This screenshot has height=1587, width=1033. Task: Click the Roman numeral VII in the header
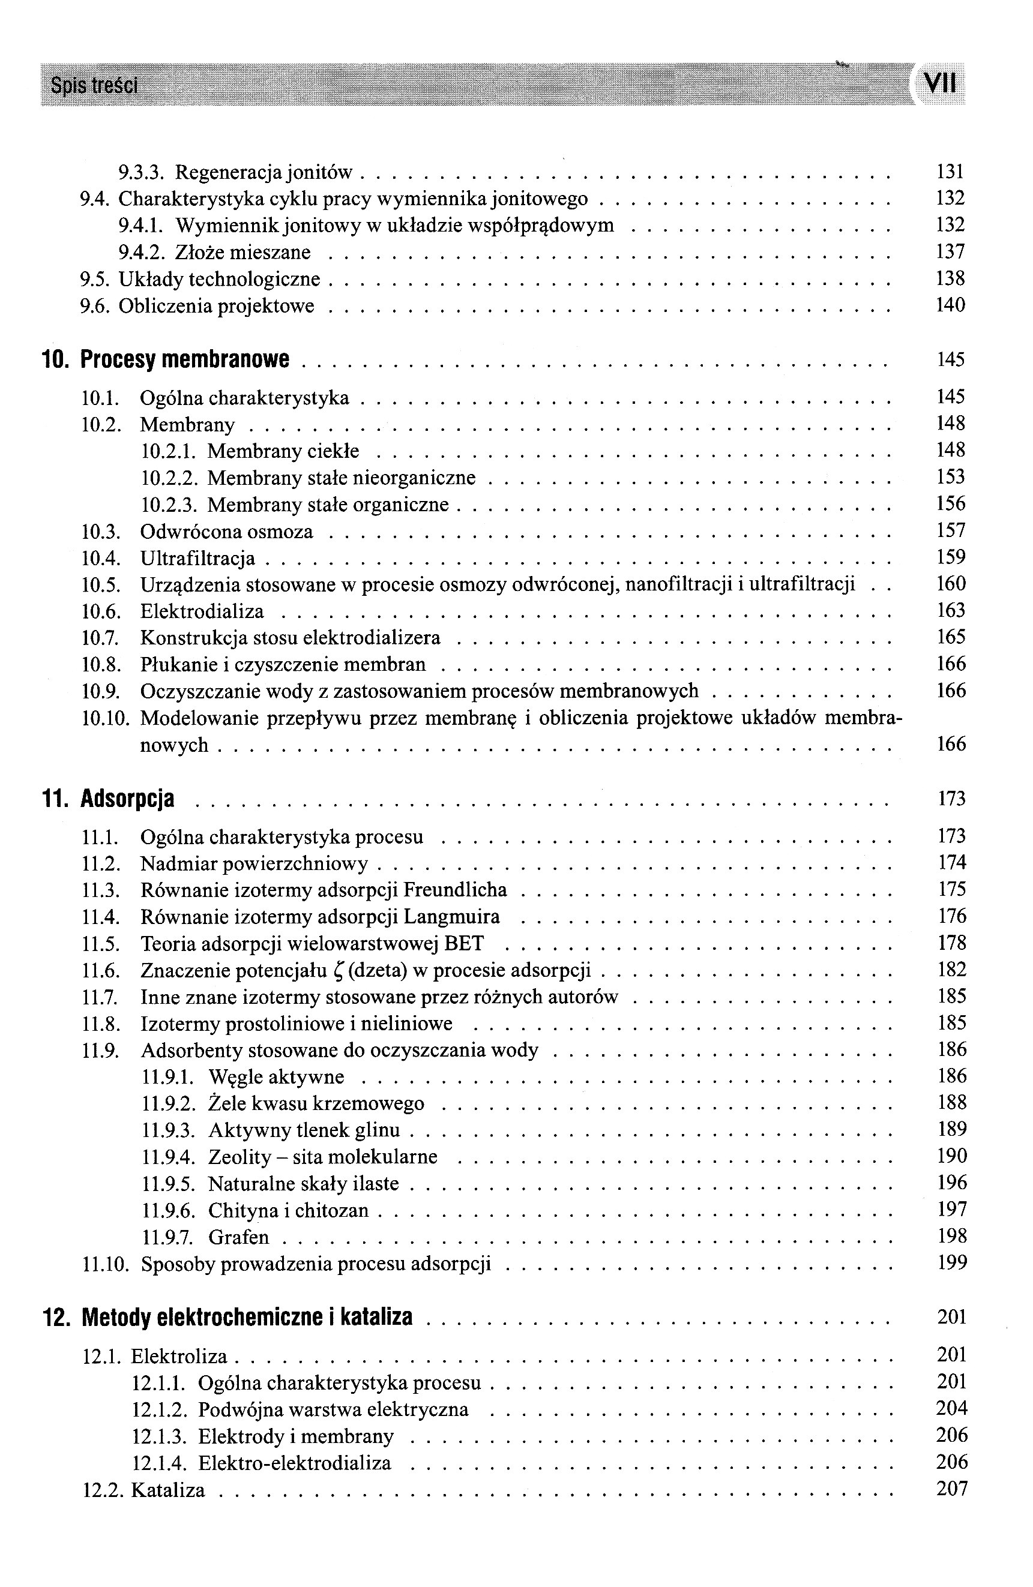941,84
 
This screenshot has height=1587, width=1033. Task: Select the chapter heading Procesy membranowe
185,359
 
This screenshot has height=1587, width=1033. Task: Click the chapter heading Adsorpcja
127,798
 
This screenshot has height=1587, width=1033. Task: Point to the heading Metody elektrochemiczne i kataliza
247,1317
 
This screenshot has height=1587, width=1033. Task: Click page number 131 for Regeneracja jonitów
950,172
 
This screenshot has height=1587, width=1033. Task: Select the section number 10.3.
100,532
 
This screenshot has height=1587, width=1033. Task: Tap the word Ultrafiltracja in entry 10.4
197,558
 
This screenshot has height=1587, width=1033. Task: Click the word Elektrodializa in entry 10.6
202,611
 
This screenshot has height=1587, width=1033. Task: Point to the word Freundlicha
456,890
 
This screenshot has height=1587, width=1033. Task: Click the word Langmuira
451,917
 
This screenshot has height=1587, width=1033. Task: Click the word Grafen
239,1237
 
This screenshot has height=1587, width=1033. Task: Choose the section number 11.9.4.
168,1157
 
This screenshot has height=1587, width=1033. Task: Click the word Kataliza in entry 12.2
168,1490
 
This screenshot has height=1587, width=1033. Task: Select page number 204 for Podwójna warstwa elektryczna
951,1408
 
